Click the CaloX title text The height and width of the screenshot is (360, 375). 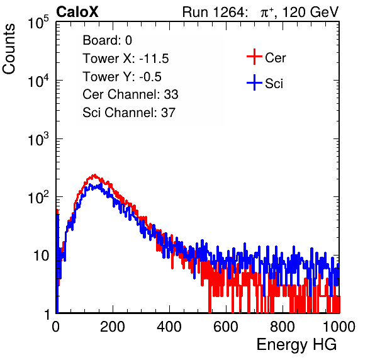[x=77, y=12]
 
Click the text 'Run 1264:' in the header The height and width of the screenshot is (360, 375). [x=213, y=12]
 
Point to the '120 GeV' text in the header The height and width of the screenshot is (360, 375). [x=310, y=12]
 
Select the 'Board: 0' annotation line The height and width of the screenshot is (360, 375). [x=107, y=40]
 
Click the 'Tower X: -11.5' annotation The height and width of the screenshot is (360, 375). [x=126, y=59]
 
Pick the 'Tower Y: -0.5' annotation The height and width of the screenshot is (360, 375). [x=122, y=77]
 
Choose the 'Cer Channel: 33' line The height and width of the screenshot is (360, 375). [x=130, y=94]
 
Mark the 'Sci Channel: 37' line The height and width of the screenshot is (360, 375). [x=129, y=113]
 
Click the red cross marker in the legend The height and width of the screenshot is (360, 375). [x=254, y=57]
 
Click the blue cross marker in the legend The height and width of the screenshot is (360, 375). [x=254, y=83]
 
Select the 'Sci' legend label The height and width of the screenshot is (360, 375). [x=274, y=84]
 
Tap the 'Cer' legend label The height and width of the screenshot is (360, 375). [x=275, y=58]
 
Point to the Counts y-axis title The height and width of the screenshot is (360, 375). [x=9, y=49]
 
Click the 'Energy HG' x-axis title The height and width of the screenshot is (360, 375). [x=296, y=345]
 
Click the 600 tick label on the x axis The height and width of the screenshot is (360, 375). [x=226, y=327]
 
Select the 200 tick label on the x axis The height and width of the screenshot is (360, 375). [x=113, y=327]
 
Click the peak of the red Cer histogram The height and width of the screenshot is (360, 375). [x=95, y=175]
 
